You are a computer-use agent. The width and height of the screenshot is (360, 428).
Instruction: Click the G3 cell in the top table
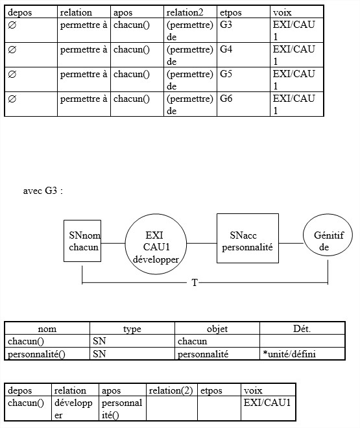point(243,30)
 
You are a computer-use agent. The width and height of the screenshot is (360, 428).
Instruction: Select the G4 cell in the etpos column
point(243,54)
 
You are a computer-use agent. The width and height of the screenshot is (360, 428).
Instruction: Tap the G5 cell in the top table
point(243,79)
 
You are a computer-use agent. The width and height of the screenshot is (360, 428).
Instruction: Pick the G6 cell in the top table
point(243,104)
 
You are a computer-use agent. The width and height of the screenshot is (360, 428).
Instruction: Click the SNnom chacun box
point(82,241)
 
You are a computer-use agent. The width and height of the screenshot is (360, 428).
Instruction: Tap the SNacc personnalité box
point(248,238)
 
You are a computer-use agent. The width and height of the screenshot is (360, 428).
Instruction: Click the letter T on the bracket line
point(195,283)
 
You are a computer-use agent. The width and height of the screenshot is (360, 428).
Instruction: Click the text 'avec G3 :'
point(43,191)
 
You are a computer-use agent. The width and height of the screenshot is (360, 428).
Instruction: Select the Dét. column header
point(302,329)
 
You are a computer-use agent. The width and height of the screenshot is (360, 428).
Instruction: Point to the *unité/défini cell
point(302,354)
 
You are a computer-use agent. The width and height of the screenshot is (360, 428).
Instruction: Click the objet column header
point(217,329)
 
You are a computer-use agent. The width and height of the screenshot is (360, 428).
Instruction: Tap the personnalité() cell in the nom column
point(47,354)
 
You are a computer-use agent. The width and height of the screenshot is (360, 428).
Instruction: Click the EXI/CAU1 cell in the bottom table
point(268,408)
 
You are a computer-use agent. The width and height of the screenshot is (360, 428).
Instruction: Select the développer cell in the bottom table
point(75,408)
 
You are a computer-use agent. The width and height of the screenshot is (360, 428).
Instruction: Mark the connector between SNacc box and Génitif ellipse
point(291,243)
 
